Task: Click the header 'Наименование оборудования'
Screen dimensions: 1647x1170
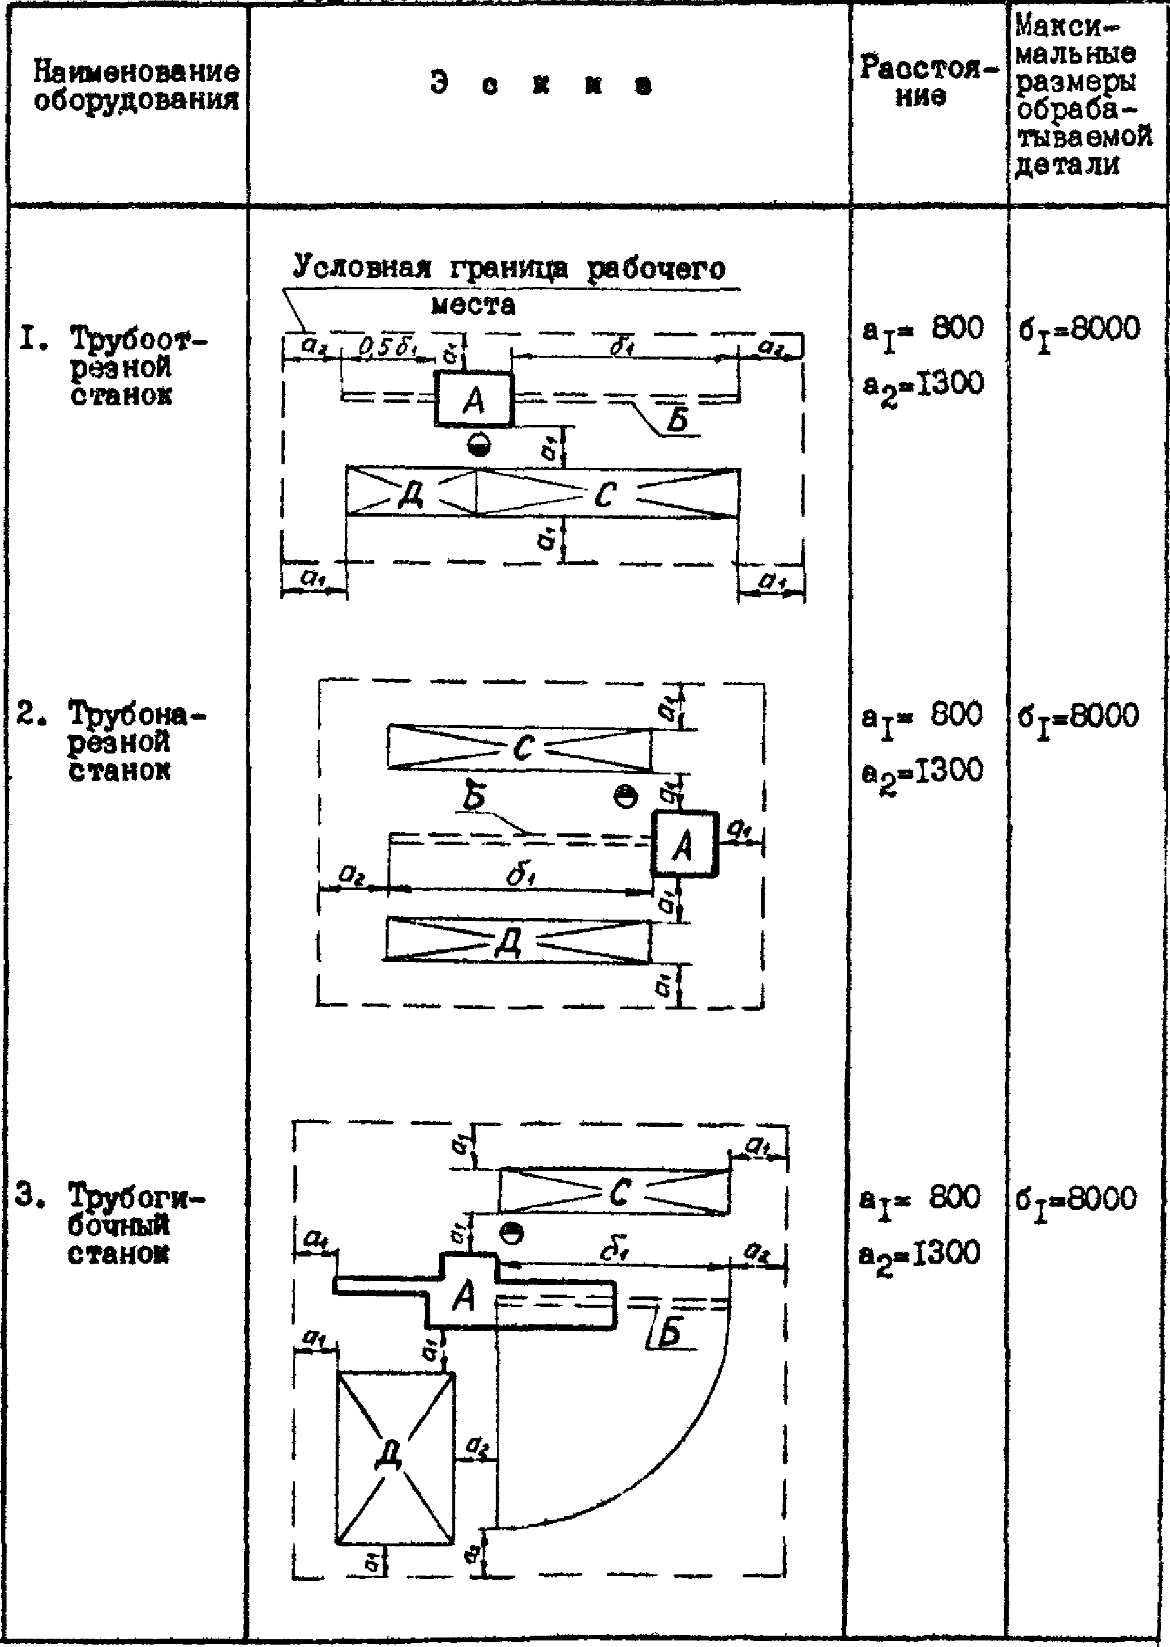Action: pos(136,86)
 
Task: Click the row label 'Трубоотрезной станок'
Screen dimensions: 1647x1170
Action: pos(130,367)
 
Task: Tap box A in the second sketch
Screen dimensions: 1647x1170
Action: pos(684,843)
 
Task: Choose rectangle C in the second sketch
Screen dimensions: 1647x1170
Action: pos(520,748)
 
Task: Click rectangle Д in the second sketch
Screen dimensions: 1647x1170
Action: pos(517,940)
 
